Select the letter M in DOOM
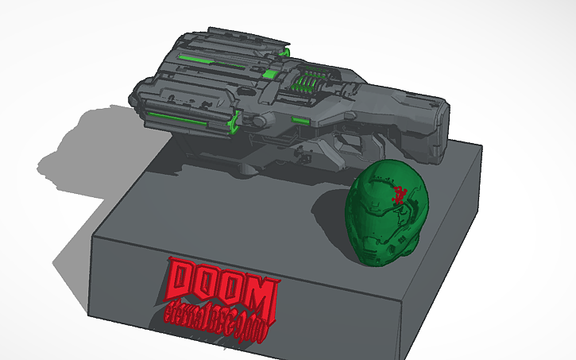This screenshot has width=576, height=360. click(261, 295)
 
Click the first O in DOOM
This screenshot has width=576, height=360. click(210, 285)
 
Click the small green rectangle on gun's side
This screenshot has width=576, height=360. click(300, 120)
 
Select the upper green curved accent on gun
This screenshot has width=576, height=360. click(285, 52)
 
